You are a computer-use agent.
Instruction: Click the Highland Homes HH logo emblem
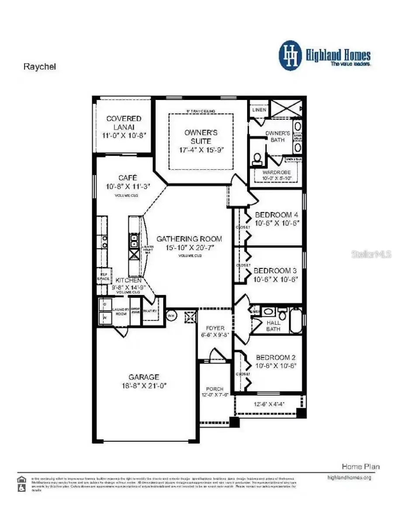tap(290, 55)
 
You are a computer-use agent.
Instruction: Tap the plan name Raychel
tap(39, 67)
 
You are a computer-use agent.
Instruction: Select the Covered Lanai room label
tap(124, 122)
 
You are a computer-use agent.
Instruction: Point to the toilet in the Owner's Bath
tap(257, 159)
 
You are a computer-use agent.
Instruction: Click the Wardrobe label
tap(276, 172)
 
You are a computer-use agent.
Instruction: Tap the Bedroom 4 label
tap(276, 215)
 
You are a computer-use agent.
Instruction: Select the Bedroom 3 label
tap(276, 271)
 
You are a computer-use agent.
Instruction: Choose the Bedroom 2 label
tap(276, 357)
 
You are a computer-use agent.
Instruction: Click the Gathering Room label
tap(189, 239)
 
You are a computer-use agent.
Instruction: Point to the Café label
tap(128, 178)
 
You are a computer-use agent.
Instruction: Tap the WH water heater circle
tap(171, 315)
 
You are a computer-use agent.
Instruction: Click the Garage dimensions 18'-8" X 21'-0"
tap(144, 386)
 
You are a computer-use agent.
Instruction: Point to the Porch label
tap(214, 388)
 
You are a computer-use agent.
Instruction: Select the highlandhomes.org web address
tap(349, 477)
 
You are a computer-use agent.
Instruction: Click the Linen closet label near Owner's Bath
tap(259, 110)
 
